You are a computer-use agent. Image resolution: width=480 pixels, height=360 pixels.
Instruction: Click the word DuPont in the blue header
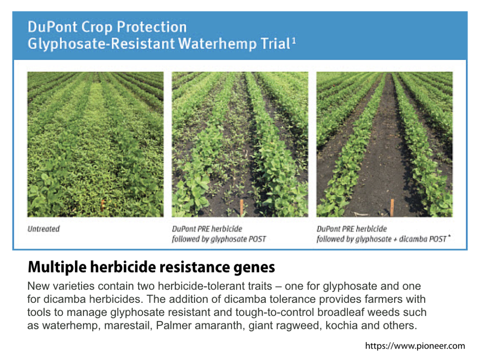coord(52,27)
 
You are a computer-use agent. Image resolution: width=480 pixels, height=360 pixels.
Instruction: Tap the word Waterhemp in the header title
coord(217,44)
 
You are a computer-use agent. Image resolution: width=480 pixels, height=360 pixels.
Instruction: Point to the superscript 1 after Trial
coord(294,41)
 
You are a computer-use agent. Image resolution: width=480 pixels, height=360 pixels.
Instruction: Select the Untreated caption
coord(44,228)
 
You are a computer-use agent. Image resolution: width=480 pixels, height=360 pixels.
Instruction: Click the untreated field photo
coord(96,144)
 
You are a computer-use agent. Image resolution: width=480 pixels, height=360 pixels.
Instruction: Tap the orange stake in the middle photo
coord(241,207)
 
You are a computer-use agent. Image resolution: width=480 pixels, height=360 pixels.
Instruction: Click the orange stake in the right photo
coord(392,207)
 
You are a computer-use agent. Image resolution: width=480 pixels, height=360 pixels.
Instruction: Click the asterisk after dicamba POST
coord(449,236)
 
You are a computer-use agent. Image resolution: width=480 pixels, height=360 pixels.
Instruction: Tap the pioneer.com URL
coord(415,346)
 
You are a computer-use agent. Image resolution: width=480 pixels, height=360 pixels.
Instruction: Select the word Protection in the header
coord(152,27)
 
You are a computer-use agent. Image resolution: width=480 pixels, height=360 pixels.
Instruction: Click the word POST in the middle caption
coord(257,239)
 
